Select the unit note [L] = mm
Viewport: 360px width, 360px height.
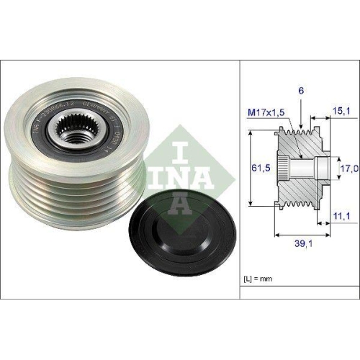point(258,277)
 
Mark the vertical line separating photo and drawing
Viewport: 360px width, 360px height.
point(238,180)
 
